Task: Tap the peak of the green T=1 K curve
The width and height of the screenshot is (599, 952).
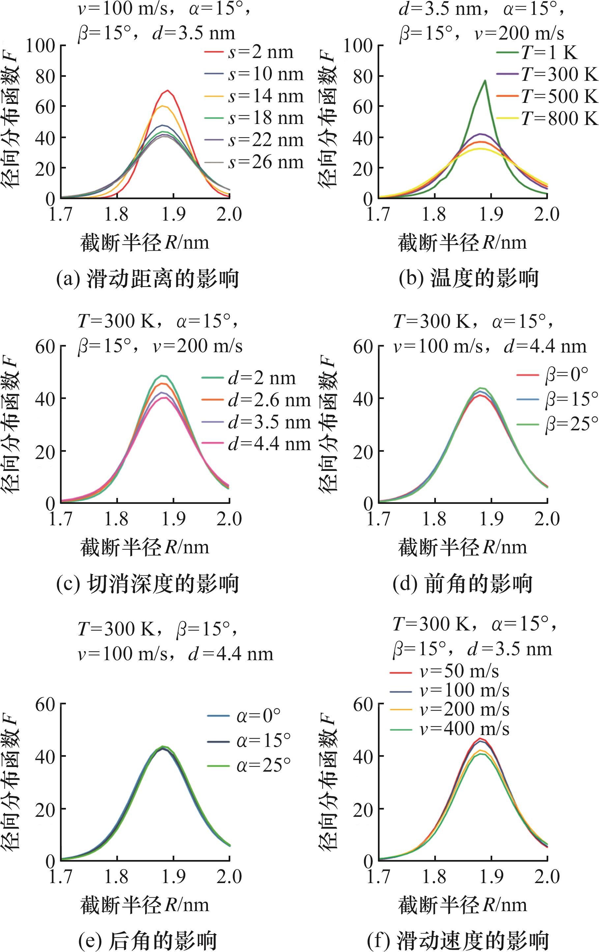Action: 484,81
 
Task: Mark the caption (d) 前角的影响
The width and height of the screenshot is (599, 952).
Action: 463,584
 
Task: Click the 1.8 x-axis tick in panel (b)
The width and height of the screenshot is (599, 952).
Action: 434,214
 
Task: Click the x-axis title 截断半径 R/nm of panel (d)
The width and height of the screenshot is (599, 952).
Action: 463,548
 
